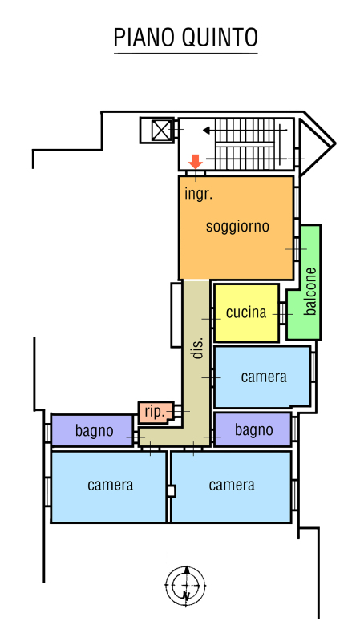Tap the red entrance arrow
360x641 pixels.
point(196,162)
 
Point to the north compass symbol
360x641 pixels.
point(185,586)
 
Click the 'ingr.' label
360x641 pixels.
point(199,194)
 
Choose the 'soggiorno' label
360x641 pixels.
point(237,226)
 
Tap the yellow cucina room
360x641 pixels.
point(246,313)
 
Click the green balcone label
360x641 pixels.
point(310,291)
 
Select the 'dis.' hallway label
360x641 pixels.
point(197,349)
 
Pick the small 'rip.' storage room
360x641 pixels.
point(156,412)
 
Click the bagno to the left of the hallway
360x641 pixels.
point(92,430)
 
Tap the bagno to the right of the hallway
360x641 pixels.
point(253,429)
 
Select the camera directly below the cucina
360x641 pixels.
point(262,377)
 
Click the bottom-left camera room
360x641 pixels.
point(108,486)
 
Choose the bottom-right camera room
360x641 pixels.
point(231,486)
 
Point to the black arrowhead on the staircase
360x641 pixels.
point(207,131)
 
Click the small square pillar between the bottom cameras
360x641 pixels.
point(171,490)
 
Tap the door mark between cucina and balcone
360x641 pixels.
point(283,314)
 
